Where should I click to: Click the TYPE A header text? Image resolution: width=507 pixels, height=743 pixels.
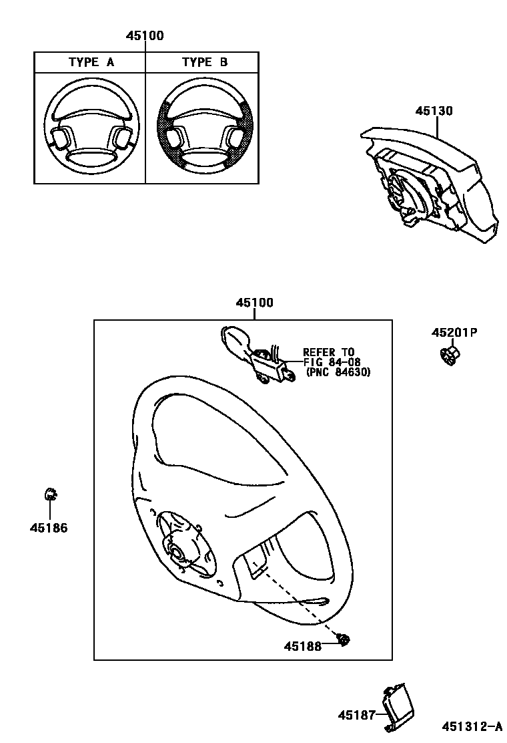pyautogui.click(x=91, y=62)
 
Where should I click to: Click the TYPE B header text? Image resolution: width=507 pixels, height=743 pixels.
pyautogui.click(x=204, y=62)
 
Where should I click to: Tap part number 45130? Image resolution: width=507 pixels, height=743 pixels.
pyautogui.click(x=434, y=111)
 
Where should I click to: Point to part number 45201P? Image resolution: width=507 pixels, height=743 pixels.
pyautogui.click(x=454, y=332)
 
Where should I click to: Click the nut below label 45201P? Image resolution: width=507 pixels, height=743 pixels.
pyautogui.click(x=450, y=355)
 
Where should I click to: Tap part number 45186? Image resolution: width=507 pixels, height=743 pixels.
pyautogui.click(x=48, y=528)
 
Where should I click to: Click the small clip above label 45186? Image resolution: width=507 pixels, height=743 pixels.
pyautogui.click(x=49, y=494)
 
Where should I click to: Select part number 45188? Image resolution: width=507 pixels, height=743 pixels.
pyautogui.click(x=302, y=646)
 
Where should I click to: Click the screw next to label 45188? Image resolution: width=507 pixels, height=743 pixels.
pyautogui.click(x=344, y=641)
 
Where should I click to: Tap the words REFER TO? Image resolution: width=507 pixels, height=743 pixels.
pyautogui.click(x=329, y=352)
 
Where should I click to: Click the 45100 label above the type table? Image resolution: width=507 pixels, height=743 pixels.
pyautogui.click(x=144, y=36)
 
